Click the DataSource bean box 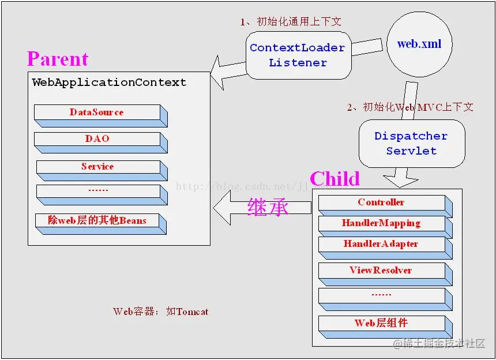point(97,112)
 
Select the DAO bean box point(97,139)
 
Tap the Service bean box point(97,167)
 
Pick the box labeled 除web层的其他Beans point(97,220)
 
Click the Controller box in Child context point(381,202)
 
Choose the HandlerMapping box point(381,223)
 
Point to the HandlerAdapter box point(381,244)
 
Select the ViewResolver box point(381,271)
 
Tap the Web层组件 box point(381,323)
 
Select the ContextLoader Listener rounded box point(298,55)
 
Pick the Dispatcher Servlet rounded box point(411,144)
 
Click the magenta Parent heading point(58,59)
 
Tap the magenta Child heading point(335,179)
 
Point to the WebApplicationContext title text point(109,82)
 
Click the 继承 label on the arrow point(268,207)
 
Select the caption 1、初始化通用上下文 point(291,22)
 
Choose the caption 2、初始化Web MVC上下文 point(410,107)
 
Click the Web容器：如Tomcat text point(161,312)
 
